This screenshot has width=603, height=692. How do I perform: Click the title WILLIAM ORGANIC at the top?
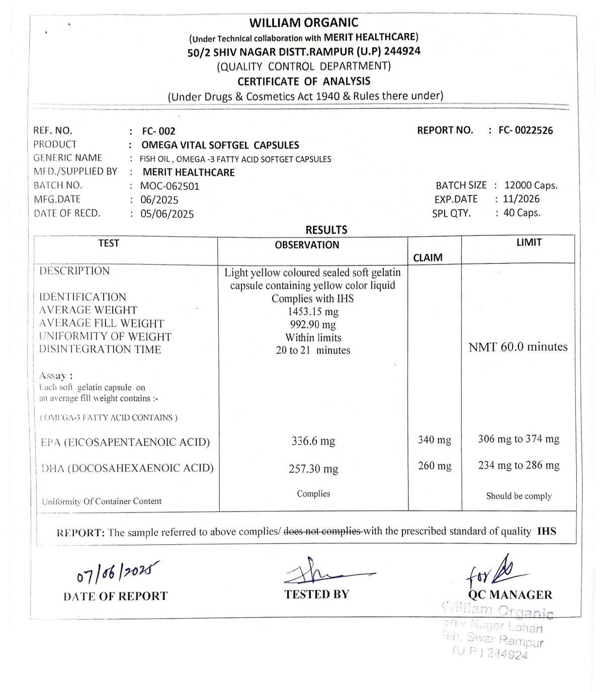tap(304, 23)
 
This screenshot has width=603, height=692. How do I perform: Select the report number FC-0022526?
tap(526, 131)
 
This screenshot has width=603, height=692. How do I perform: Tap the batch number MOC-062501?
tap(170, 186)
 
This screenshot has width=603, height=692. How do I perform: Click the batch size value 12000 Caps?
tap(531, 185)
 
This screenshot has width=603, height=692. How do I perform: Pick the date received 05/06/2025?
tap(167, 214)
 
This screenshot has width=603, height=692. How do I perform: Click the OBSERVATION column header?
tap(307, 245)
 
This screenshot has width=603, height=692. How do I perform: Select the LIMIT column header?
tap(529, 242)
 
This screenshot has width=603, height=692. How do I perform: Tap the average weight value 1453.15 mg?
tap(313, 312)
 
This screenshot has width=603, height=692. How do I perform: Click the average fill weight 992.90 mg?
tap(313, 325)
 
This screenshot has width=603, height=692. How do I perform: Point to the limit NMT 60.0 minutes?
tap(518, 347)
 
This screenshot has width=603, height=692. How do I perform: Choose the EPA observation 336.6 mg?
tap(313, 441)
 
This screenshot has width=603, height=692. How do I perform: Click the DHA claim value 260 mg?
tap(435, 466)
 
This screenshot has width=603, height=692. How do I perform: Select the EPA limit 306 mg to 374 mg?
tap(519, 439)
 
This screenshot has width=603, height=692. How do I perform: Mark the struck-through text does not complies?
tap(322, 531)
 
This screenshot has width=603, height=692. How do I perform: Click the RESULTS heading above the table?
tap(326, 230)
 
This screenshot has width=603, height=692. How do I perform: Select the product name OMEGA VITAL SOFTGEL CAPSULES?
tap(220, 145)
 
